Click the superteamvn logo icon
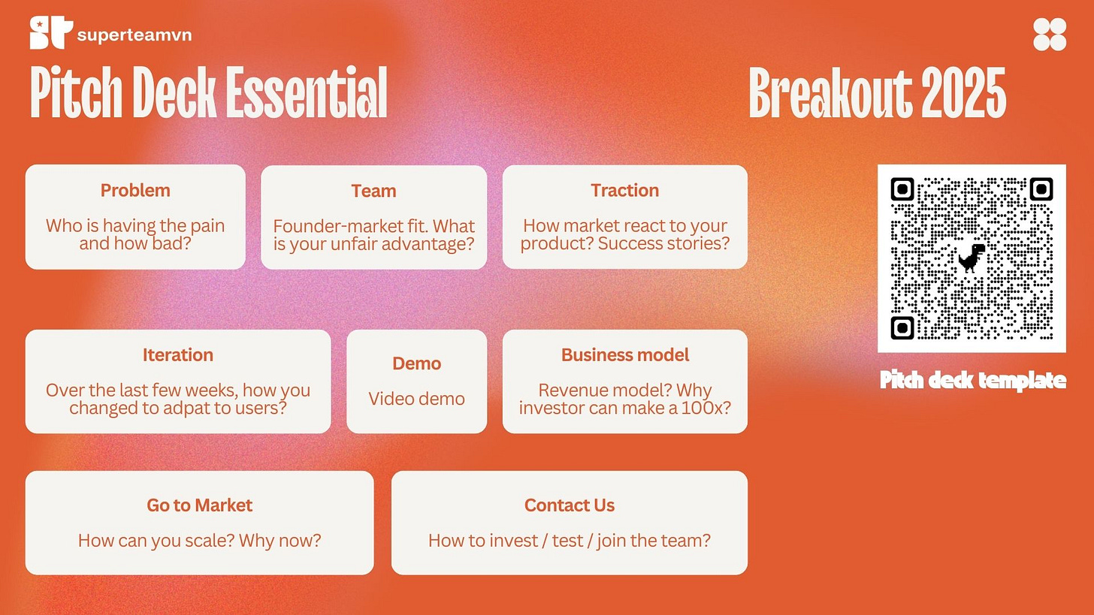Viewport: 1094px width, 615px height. point(51,33)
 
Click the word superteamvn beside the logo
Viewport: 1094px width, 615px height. point(134,35)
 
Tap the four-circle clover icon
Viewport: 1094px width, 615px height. point(1050,35)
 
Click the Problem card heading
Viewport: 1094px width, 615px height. point(135,191)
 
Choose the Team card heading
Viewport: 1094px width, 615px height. point(373,191)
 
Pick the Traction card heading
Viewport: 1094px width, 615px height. point(624,191)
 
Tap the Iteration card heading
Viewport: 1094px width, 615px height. point(178,355)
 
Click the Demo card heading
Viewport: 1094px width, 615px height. point(416,363)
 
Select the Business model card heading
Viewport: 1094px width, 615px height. point(625,355)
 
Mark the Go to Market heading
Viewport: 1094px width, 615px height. point(200,505)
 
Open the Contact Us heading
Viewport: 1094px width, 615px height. point(570,505)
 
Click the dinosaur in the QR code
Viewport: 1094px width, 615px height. point(971,258)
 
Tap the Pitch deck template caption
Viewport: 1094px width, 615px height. point(972,380)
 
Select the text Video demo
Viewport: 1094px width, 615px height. point(416,399)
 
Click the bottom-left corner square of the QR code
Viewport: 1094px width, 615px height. point(902,328)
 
